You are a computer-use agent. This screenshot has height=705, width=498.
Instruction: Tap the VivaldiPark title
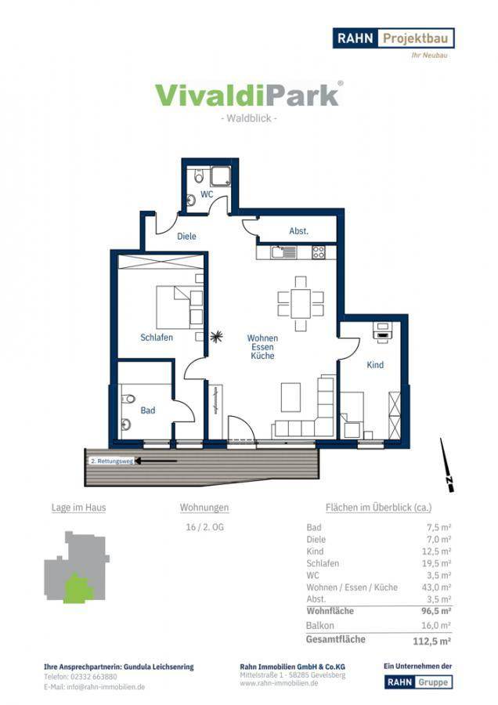[249, 95]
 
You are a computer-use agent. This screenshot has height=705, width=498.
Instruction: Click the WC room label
[207, 195]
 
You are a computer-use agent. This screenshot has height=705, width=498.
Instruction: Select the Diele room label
[186, 236]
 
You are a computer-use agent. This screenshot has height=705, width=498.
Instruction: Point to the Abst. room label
[299, 231]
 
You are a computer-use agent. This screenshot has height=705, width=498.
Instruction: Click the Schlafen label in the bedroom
[157, 337]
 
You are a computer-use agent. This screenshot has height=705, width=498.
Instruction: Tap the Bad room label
[148, 410]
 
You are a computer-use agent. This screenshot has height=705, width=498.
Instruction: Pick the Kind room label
[375, 364]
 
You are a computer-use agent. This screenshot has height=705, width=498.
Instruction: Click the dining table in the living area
[301, 304]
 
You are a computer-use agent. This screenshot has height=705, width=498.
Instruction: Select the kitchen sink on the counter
[284, 252]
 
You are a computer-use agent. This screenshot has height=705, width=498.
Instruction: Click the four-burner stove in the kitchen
[319, 252]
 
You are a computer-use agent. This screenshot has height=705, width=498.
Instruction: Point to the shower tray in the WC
[221, 175]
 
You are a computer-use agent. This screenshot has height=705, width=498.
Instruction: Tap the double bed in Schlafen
[173, 308]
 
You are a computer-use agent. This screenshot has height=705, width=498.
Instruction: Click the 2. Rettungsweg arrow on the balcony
[157, 461]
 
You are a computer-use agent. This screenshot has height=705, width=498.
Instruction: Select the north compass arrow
[447, 465]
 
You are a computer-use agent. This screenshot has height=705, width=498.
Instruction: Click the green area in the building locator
[77, 589]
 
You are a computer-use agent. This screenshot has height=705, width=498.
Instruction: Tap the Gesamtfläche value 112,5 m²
[432, 641]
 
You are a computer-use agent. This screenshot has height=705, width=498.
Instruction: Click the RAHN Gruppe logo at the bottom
[418, 681]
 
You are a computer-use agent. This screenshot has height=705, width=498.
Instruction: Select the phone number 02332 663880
[94, 677]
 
